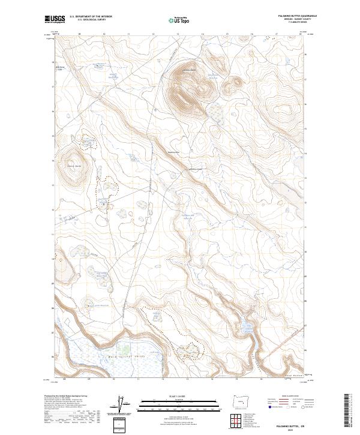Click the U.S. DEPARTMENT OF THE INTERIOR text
tap(91, 17)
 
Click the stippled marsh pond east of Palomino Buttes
tap(215, 112)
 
